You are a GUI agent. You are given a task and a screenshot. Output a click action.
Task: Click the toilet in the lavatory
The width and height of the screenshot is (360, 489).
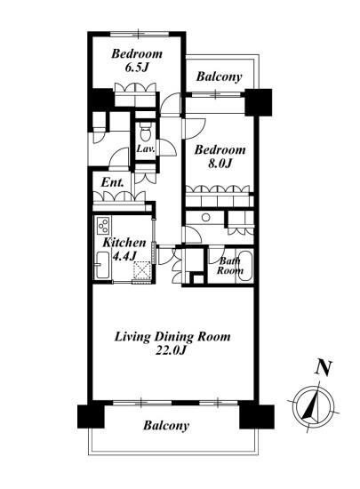[x=145, y=132]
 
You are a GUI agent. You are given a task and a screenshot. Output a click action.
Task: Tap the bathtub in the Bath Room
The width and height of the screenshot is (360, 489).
[x=244, y=267]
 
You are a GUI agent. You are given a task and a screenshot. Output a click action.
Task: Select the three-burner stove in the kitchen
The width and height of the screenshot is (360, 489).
[x=103, y=225]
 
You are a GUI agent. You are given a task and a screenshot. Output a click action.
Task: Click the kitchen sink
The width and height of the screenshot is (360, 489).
[x=102, y=265]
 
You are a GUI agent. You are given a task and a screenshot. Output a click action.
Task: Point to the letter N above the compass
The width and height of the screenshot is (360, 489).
[x=324, y=368]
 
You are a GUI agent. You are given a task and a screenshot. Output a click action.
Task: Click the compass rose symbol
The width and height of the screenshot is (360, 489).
[x=314, y=406]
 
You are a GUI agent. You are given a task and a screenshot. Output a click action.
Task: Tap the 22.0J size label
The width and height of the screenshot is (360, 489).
[x=171, y=351]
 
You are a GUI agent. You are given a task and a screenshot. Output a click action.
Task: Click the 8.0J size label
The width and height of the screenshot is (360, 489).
[x=220, y=163]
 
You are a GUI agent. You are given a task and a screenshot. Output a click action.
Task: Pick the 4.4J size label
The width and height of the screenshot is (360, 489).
[x=124, y=256]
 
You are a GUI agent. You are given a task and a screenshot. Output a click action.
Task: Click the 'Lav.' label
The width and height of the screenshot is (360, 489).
[x=146, y=148]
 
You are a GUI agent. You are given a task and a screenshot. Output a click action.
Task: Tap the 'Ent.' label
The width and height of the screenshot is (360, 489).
[x=112, y=182]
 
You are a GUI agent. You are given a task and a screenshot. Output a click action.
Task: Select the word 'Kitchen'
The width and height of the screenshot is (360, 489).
[x=124, y=243]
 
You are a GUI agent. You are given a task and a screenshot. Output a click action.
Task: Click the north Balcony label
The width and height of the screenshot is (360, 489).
[x=219, y=76]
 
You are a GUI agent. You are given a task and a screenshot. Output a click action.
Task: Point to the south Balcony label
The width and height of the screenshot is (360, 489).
[x=166, y=425]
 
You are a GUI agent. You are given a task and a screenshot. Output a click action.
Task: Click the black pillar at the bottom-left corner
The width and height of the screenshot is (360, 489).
[x=91, y=416]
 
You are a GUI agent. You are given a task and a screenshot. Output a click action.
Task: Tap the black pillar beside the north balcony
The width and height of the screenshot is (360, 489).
[x=258, y=102]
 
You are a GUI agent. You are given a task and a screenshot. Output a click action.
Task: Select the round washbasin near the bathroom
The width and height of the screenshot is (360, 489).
[x=205, y=217]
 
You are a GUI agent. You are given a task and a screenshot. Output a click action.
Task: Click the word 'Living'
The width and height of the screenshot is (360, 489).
[x=132, y=338]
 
